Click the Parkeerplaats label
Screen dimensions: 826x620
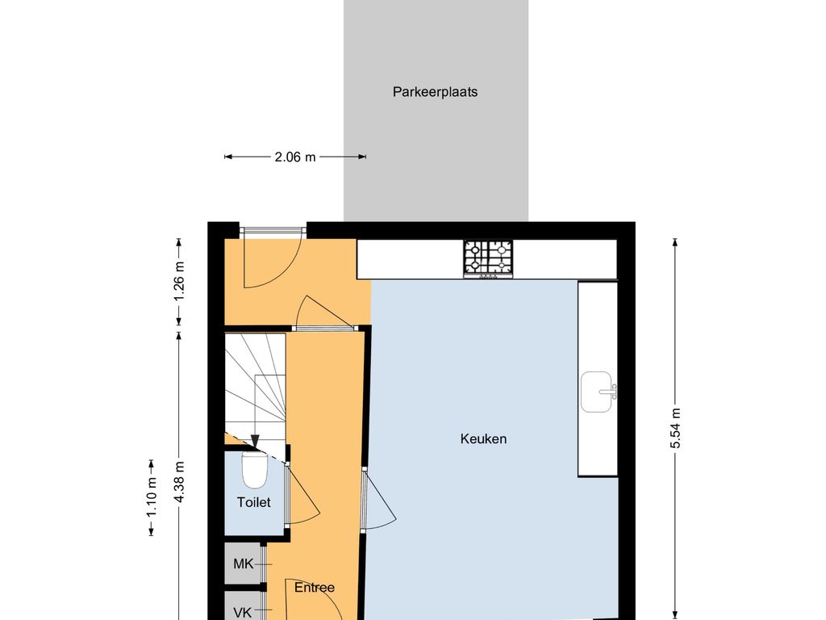(435, 92)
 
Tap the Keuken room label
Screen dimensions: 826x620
(483, 438)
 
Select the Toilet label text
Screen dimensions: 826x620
(254, 502)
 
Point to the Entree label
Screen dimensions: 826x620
(315, 588)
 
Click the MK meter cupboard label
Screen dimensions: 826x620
(244, 564)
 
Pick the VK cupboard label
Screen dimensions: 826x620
(243, 613)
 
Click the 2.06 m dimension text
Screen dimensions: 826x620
(295, 157)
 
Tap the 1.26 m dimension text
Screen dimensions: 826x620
(179, 281)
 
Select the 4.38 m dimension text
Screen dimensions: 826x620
(179, 481)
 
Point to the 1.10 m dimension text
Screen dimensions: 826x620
(152, 496)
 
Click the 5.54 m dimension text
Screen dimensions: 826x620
(675, 428)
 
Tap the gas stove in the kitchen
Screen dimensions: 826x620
(488, 258)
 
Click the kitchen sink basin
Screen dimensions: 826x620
(597, 392)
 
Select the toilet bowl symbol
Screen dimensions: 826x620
(254, 469)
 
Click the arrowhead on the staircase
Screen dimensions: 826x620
(255, 442)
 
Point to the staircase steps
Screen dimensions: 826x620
(256, 390)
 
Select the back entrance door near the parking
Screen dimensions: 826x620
(273, 258)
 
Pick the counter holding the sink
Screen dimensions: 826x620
(598, 379)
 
